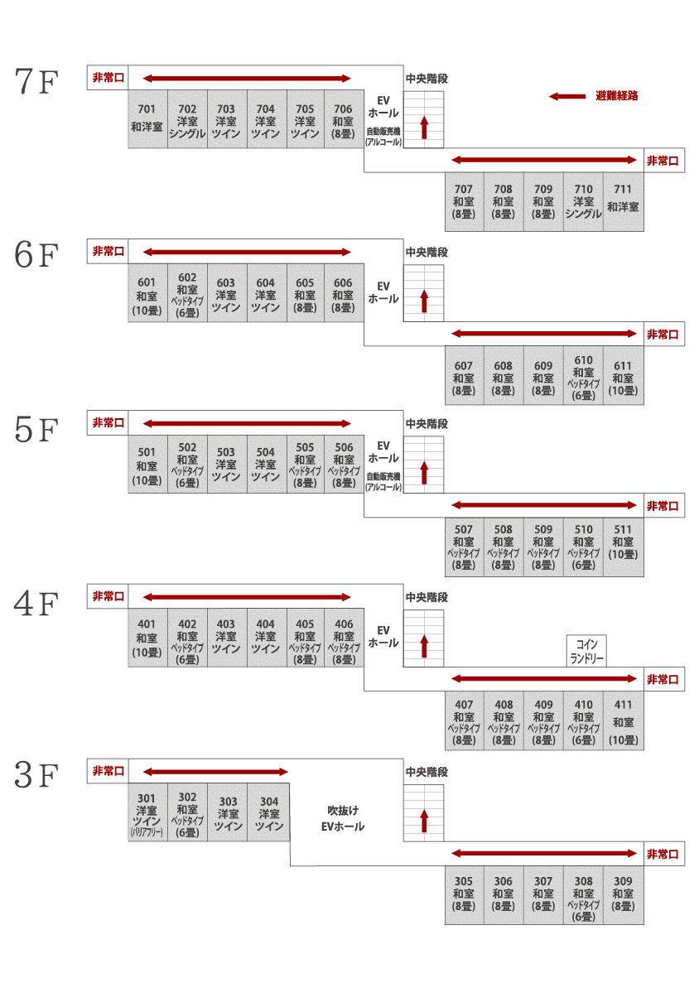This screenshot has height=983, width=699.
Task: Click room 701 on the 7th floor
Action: coord(147,119)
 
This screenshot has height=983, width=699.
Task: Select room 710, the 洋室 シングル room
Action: coord(583,202)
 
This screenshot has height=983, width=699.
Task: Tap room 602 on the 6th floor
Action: coord(187,293)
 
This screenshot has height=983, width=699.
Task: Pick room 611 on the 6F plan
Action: coord(623,375)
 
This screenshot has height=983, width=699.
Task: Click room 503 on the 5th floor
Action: coord(226,464)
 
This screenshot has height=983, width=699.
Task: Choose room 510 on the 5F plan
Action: coord(583,547)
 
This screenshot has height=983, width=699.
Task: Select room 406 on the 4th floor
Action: coord(344,638)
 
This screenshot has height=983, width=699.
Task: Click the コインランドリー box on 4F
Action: coord(587,651)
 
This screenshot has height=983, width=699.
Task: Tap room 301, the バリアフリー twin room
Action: coord(147,812)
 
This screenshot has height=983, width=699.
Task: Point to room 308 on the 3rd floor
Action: coord(583,896)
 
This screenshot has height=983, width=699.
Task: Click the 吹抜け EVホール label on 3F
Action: coord(343,819)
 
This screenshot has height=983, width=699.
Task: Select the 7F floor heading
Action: coord(36,81)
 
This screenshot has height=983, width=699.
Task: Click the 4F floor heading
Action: coord(36,603)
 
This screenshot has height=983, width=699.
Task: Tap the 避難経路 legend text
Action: coord(617,96)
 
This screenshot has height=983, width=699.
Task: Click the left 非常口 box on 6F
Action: coord(108,252)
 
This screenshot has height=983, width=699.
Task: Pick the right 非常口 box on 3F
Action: coord(663,854)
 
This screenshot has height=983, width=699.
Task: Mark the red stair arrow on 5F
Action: coord(424,474)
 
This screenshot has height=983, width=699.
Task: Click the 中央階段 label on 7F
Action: coord(427,79)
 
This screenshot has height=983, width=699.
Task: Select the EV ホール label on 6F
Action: coord(383,293)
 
